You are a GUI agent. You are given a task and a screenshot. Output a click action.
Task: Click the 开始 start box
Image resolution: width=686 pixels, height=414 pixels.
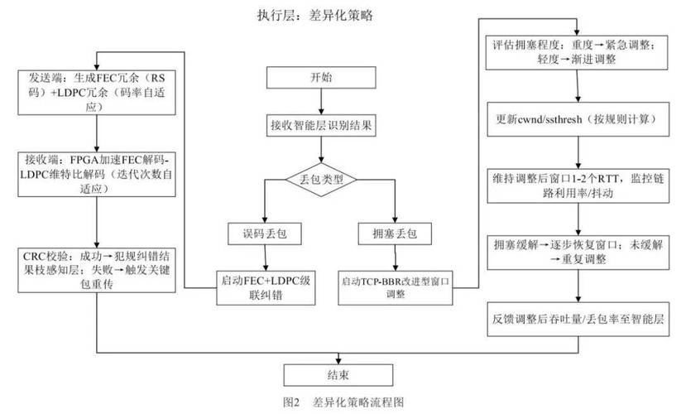pos(321,79)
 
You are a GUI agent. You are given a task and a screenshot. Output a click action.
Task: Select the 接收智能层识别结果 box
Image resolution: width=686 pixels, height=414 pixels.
pos(321,126)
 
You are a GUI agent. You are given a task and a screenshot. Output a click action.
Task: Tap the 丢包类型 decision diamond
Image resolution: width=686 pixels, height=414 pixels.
pos(321,179)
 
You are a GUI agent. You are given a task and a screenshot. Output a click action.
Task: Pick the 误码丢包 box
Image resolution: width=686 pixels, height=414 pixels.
pos(262,234)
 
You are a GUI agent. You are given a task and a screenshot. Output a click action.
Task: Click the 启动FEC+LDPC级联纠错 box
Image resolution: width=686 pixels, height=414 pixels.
pos(262,282)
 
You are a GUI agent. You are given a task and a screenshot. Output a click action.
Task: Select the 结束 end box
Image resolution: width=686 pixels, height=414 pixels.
pos(336,375)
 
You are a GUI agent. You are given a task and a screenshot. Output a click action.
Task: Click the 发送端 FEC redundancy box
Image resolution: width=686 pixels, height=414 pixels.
pos(97,85)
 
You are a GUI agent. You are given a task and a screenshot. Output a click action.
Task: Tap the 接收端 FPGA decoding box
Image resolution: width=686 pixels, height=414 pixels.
pos(97,173)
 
